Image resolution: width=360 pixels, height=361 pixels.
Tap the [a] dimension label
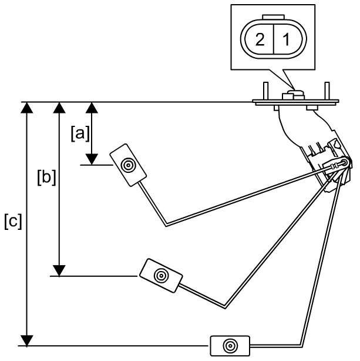[80, 133]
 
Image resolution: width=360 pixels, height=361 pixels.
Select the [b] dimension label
[46, 177]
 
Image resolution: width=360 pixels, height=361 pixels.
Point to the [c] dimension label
[12, 222]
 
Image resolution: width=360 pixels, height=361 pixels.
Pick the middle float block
[160, 275]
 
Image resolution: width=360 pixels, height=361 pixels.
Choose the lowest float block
[231, 345]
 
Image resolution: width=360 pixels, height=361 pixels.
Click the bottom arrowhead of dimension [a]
[92, 159]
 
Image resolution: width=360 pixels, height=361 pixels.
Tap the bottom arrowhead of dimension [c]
[26, 340]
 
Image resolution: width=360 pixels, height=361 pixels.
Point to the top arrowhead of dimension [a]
[92, 108]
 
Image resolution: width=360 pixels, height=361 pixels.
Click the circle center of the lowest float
[231, 345]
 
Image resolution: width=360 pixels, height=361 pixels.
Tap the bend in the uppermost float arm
[167, 224]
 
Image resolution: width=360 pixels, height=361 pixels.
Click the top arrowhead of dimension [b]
[58, 108]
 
